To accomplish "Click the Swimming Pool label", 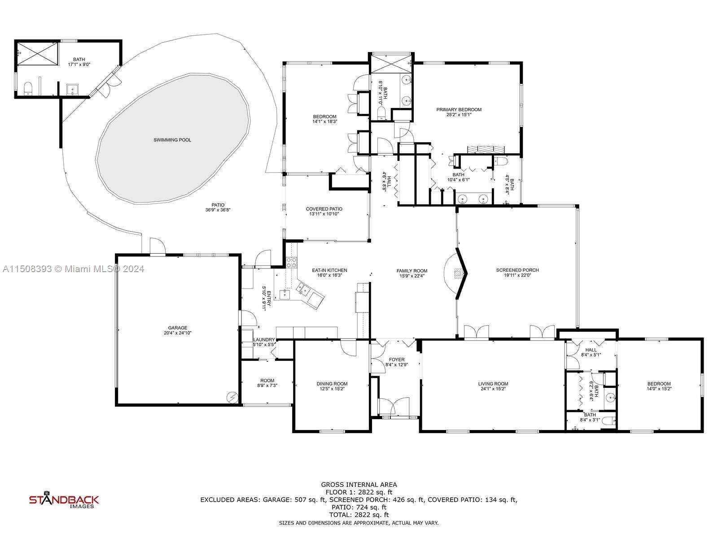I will tap(172, 140).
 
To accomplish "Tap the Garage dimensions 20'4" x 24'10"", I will tap(178, 333).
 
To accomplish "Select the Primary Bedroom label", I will tap(459, 109).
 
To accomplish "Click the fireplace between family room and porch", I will tap(458, 273).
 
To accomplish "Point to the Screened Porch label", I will tap(517, 270).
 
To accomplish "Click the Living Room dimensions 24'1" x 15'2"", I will tap(493, 389).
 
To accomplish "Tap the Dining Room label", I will tap(332, 384).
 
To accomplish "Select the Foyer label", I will tap(397, 360).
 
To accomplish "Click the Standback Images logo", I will tap(64, 501).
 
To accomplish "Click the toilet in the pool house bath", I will tap(28, 88).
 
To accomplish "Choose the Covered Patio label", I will tap(324, 209).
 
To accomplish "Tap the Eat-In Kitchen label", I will tap(329, 270).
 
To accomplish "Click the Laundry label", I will tap(264, 340).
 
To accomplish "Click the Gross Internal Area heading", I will tap(359, 484).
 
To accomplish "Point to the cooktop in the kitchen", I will tap(291, 263).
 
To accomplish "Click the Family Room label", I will tap(412, 271).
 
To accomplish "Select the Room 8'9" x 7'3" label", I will tap(267, 380).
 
